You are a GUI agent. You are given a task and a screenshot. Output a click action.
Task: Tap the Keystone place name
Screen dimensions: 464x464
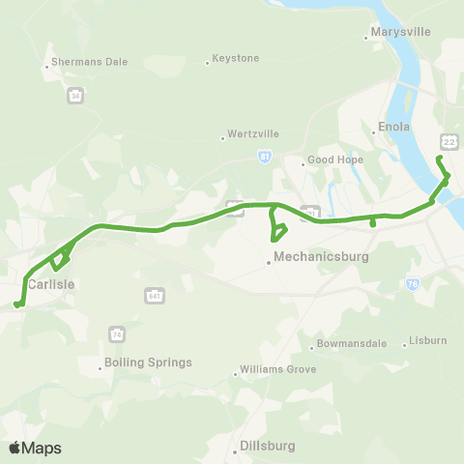(x=236, y=58)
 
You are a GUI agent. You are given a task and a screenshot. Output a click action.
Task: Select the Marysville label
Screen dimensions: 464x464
(x=401, y=33)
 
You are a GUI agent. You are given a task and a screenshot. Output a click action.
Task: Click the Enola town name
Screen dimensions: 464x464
(x=395, y=127)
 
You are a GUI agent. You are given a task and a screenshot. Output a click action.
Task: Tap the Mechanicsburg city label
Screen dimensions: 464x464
(x=322, y=258)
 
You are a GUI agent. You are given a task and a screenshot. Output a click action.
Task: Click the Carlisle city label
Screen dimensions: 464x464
(x=51, y=284)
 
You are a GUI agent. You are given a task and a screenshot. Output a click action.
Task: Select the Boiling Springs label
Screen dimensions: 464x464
(x=150, y=362)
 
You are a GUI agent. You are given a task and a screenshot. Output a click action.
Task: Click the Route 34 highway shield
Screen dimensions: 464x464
(x=75, y=96)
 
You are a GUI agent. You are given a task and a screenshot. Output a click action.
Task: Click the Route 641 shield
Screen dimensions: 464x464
(x=153, y=294)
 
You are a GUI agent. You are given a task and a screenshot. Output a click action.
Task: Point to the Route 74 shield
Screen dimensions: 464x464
(x=116, y=333)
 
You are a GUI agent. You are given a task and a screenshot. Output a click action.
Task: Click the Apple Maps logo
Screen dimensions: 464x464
(x=35, y=448)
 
